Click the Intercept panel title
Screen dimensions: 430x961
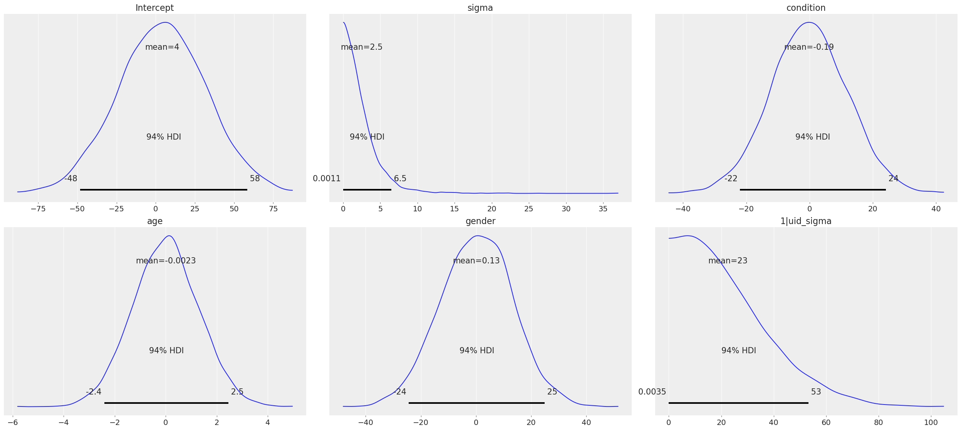tap(154, 8)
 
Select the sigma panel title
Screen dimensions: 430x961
tap(480, 8)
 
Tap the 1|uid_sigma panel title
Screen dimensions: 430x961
tap(806, 221)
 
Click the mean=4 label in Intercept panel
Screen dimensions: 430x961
tap(162, 47)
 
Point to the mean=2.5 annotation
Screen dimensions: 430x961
tap(361, 47)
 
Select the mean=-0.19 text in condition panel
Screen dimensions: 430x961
tap(809, 47)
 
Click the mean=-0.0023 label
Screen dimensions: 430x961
tap(166, 261)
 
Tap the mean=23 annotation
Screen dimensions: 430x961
tap(728, 261)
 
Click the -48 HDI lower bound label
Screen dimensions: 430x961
tap(71, 179)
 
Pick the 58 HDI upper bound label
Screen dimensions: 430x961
tap(255, 179)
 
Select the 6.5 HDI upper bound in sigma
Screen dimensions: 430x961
tap(400, 179)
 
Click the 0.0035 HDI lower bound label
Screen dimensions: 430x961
tap(652, 392)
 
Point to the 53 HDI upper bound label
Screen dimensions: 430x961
tap(816, 392)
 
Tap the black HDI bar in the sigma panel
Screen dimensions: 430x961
tap(367, 190)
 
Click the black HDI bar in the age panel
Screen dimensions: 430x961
tap(166, 403)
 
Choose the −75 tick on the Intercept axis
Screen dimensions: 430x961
tap(38, 209)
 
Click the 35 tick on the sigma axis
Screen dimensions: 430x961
tap(603, 209)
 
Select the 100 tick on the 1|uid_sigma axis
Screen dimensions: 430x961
tap(931, 423)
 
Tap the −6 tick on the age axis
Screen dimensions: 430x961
tap(13, 423)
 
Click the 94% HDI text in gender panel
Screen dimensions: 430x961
tap(476, 351)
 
